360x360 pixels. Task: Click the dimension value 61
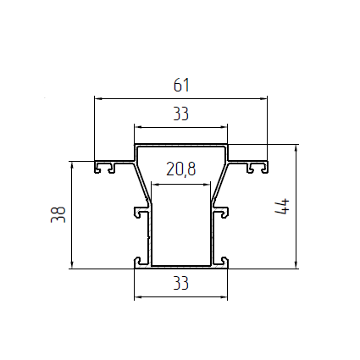181,86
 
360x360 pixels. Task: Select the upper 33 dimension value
180,114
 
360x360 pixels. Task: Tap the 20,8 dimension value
180,169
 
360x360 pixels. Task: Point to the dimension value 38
58,214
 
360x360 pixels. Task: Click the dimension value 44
282,207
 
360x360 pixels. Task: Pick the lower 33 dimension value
180,283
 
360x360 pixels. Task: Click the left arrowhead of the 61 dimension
97,98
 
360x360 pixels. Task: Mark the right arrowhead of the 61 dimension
263,98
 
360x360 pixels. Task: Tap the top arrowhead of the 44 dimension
296,147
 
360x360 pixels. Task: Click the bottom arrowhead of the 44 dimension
296,265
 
